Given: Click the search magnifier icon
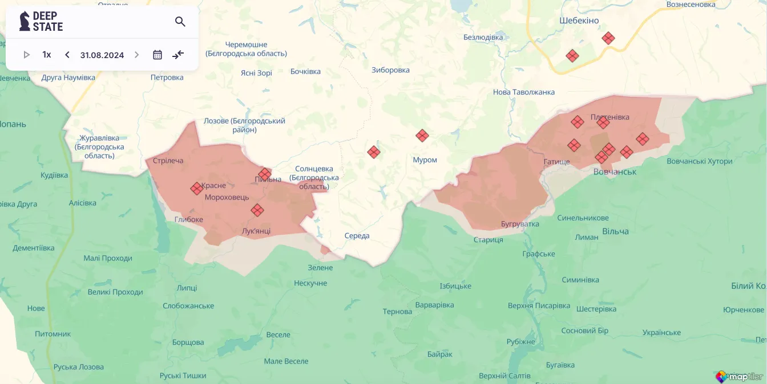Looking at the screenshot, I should tap(180, 22).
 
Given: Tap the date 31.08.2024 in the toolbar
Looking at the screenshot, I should tap(102, 55).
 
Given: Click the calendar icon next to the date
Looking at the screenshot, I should tap(158, 55).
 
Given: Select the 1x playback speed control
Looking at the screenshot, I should tap(47, 55).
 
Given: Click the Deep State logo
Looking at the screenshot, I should tap(41, 22).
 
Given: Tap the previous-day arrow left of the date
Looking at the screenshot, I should tap(67, 55).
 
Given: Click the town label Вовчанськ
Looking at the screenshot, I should tap(615, 171).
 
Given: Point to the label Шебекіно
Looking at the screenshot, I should tap(579, 21).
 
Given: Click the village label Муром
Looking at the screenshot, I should tap(425, 160).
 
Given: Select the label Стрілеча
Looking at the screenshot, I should tap(168, 161).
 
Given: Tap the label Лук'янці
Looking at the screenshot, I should tap(256, 231).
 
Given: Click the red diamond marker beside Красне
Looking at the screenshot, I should tap(196, 189).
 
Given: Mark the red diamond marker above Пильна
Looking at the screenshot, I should tap(265, 174).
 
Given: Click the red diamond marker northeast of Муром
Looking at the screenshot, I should tap(422, 136).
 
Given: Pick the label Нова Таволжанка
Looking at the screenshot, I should tap(523, 92).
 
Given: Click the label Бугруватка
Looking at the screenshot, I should tap(520, 224).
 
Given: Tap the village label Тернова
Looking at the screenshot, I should tap(397, 312).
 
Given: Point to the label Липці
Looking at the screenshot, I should tap(187, 288).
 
